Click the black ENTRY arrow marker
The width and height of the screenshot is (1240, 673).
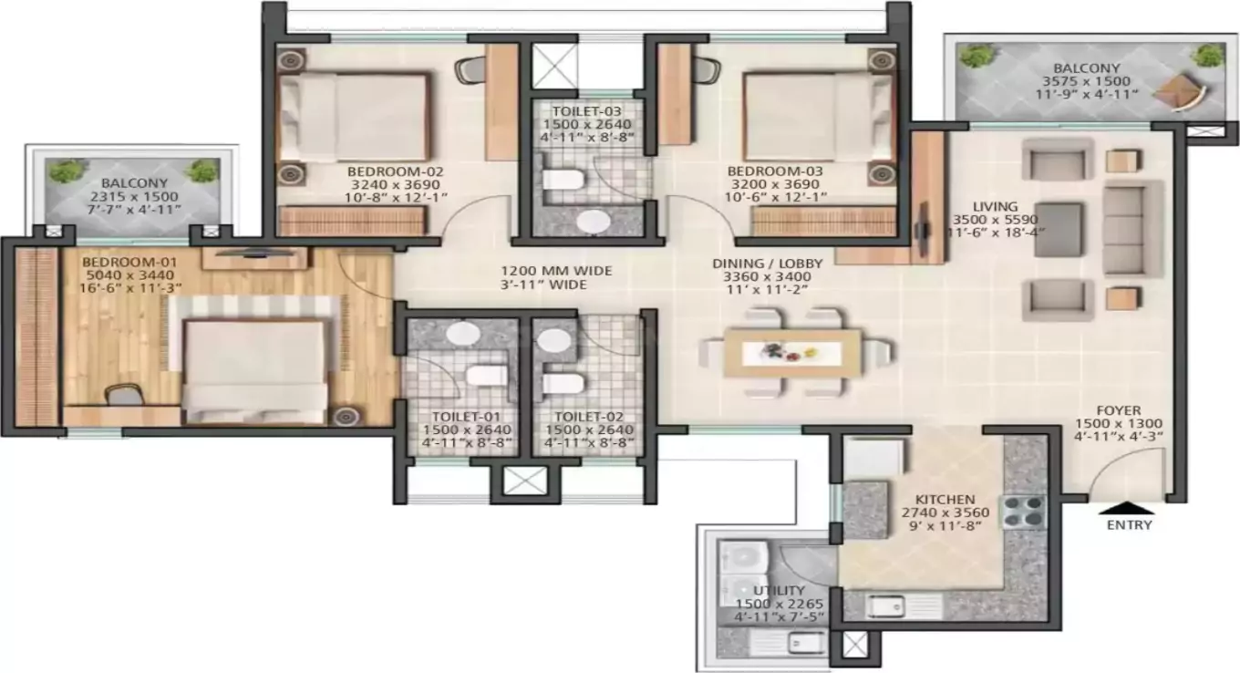(x=1130, y=509)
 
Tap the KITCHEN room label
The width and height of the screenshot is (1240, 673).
(x=946, y=501)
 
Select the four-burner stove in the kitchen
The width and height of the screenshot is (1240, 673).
(x=1024, y=512)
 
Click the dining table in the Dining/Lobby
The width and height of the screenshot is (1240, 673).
(x=791, y=353)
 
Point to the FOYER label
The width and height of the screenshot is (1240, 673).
(x=1119, y=410)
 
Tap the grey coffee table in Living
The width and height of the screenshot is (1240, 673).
(x=1058, y=229)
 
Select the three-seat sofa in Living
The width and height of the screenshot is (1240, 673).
(x=1133, y=228)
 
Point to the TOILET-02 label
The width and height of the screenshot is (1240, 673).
(x=589, y=417)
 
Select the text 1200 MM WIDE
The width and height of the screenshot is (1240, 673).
(x=556, y=271)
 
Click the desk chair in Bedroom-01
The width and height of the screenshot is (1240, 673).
(x=122, y=395)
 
